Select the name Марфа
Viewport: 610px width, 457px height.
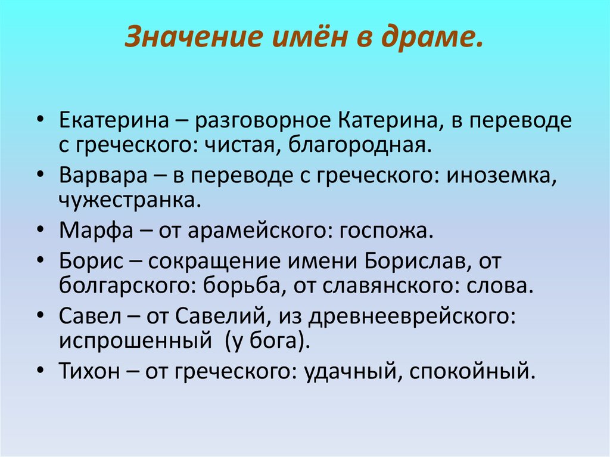(x=91, y=230)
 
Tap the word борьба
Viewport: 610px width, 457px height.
(x=239, y=285)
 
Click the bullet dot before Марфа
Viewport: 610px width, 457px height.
(x=40, y=230)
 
